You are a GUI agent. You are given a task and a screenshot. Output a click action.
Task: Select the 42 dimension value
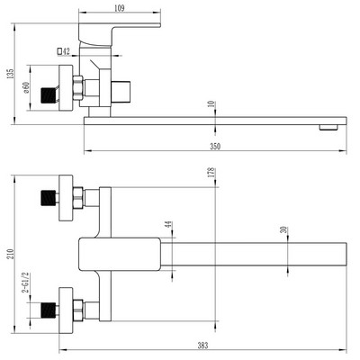67,51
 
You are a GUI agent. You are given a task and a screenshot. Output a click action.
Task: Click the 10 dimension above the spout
211,105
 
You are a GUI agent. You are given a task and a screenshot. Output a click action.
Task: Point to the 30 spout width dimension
284,231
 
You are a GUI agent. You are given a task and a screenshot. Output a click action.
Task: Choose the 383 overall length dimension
206,344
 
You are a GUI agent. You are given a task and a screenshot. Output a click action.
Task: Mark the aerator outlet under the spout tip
328,127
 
